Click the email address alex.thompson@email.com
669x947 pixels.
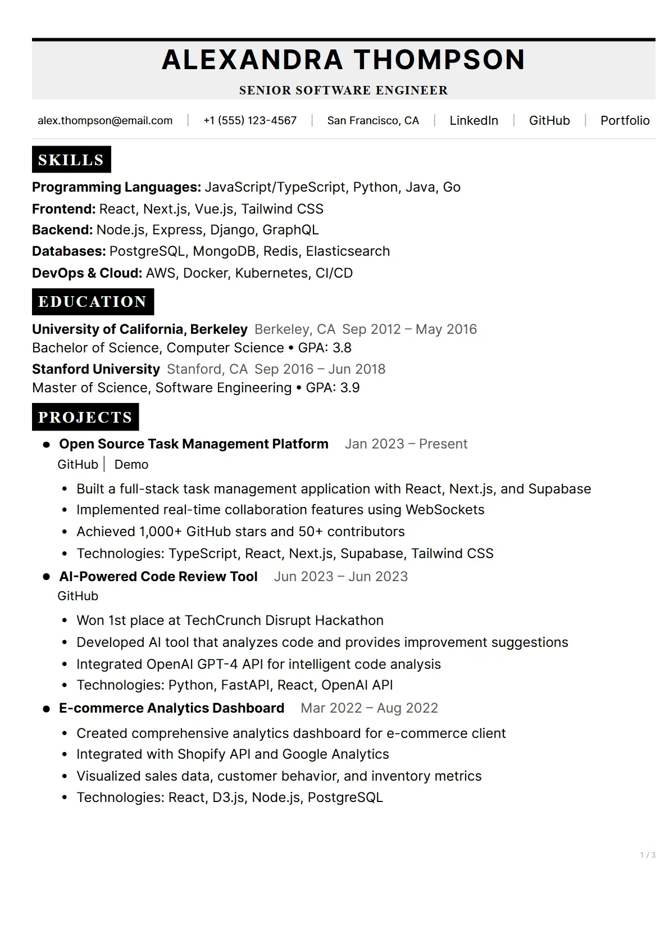[105, 121]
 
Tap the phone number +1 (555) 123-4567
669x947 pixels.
[250, 121]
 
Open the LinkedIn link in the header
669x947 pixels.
[474, 121]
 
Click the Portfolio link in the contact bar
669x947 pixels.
[625, 121]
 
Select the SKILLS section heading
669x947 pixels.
[71, 160]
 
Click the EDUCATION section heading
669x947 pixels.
[93, 302]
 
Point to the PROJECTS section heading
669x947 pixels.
[85, 418]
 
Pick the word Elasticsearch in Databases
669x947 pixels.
[348, 251]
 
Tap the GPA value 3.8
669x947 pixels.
[342, 348]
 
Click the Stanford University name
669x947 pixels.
[96, 369]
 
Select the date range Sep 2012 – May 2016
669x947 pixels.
[409, 329]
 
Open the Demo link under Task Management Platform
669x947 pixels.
[131, 465]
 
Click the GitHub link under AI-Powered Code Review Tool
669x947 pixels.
[78, 596]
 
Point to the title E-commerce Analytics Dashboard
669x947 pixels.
[171, 708]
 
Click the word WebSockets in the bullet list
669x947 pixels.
[444, 510]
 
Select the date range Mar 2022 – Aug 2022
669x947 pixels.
[369, 708]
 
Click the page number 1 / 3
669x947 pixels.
[648, 855]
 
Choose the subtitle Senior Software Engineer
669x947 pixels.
[343, 90]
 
